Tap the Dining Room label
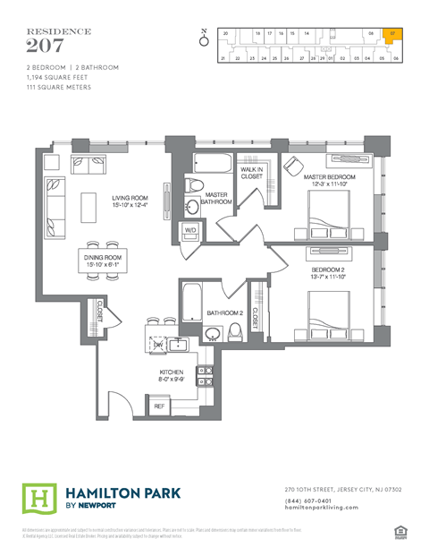(x=101, y=261)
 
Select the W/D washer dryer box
(x=190, y=230)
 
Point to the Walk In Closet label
(x=251, y=173)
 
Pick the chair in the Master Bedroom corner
(x=291, y=165)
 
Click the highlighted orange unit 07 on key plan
(x=394, y=37)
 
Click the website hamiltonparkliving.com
(x=321, y=508)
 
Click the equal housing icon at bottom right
(x=400, y=534)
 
